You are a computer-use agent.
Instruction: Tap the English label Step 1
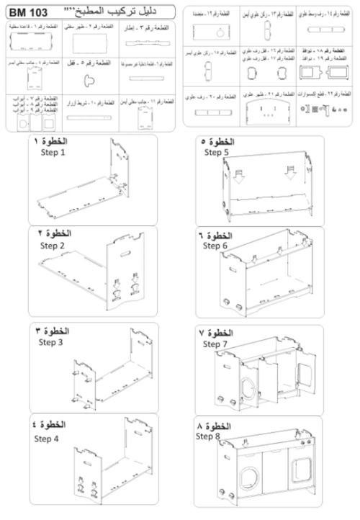click(x=53, y=153)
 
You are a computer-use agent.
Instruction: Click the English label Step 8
click(x=209, y=436)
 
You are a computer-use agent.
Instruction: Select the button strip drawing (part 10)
click(x=92, y=115)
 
